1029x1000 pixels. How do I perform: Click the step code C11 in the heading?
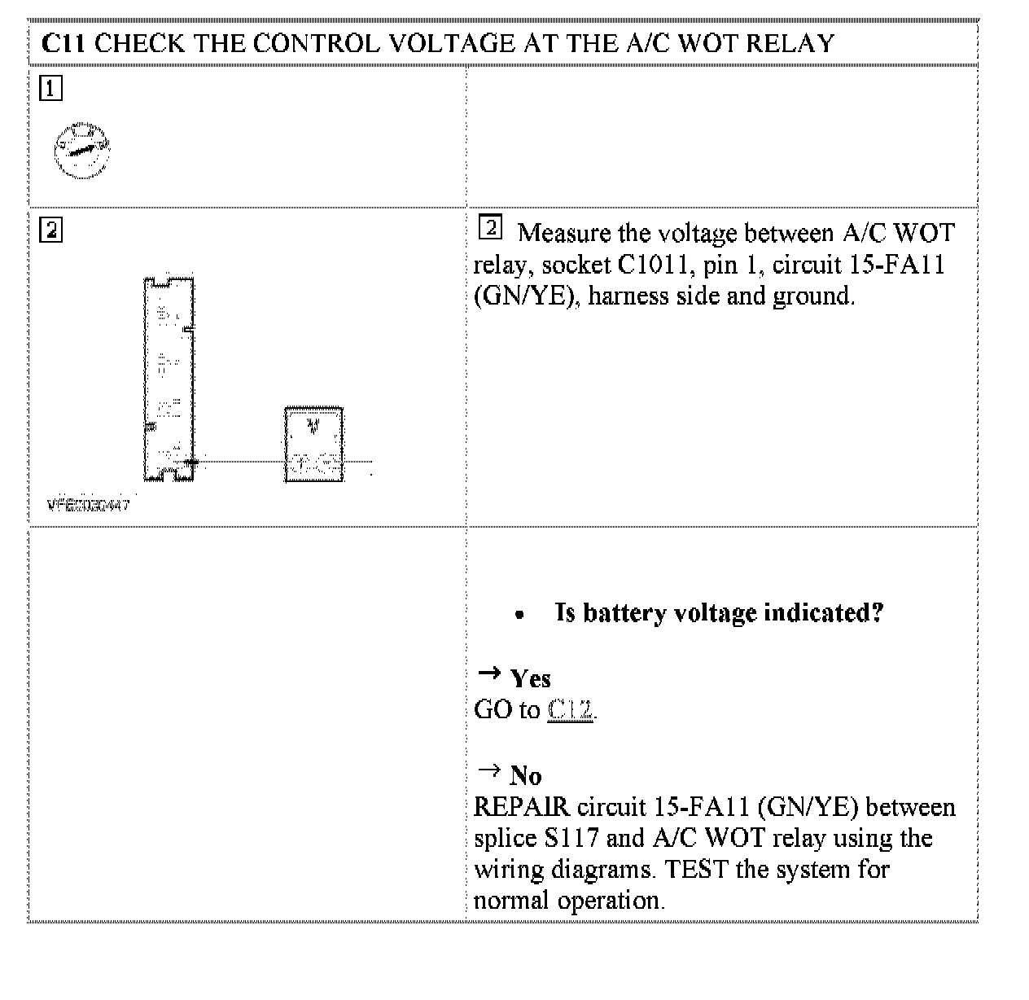click(63, 43)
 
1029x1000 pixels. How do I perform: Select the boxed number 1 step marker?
click(50, 87)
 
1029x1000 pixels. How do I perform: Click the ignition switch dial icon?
click(81, 150)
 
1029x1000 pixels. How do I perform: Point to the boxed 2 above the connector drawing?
click(50, 230)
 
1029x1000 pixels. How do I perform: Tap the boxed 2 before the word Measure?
click(490, 228)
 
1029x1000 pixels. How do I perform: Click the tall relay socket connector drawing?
click(169, 379)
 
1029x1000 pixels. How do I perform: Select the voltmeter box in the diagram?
click(313, 445)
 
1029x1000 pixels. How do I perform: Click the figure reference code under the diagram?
click(88, 505)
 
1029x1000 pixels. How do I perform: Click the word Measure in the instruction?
click(563, 234)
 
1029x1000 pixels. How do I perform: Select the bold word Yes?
click(530, 678)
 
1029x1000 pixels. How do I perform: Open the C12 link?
click(570, 710)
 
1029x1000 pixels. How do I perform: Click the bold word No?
click(525, 775)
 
